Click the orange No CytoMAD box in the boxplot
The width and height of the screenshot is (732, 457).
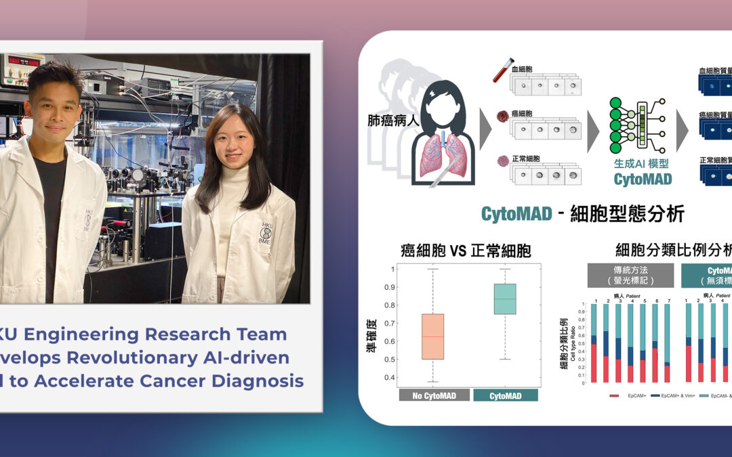(432, 336)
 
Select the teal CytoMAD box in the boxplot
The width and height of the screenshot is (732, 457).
(504, 299)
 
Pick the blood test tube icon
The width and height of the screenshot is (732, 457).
(502, 70)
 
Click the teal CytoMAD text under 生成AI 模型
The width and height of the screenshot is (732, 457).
(643, 179)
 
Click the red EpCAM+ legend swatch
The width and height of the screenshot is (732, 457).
(614, 395)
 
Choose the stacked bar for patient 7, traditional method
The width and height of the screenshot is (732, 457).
(667, 343)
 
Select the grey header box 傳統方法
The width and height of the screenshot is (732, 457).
(630, 275)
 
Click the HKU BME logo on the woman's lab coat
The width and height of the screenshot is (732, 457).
(265, 232)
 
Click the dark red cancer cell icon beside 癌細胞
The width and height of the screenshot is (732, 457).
(503, 116)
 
